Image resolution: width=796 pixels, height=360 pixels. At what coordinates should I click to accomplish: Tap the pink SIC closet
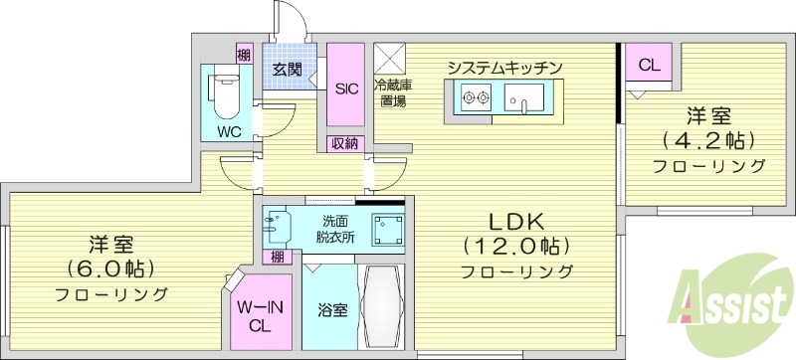click(x=346, y=89)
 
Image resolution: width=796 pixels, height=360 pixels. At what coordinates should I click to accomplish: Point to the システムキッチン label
click(x=505, y=68)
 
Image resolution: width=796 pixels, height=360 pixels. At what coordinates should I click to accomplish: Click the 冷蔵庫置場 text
click(x=389, y=91)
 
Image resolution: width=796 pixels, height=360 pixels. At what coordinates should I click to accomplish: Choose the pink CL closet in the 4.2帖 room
click(x=649, y=67)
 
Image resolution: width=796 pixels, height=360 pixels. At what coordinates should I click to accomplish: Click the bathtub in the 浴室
click(x=380, y=305)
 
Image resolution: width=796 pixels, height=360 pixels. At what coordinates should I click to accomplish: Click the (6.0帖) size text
click(x=111, y=269)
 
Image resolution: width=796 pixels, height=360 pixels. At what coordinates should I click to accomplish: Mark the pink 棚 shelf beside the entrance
click(x=244, y=54)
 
